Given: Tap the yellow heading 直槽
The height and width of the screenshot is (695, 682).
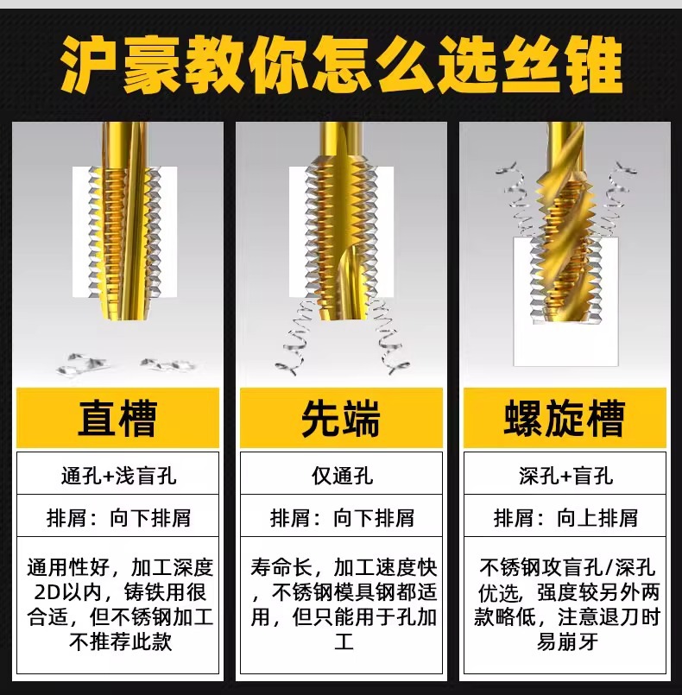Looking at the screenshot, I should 117,419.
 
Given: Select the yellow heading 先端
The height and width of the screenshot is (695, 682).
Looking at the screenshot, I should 341,419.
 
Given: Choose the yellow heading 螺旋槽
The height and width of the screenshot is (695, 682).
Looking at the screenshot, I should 564,419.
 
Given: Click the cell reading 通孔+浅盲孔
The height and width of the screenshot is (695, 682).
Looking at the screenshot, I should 118,476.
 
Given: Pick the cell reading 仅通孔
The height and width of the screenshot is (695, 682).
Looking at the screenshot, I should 341,476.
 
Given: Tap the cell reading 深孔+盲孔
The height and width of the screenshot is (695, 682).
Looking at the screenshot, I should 565,476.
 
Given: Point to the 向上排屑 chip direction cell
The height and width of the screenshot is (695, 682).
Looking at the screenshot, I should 565,518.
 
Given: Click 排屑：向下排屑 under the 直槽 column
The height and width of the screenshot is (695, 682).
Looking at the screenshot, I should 118,518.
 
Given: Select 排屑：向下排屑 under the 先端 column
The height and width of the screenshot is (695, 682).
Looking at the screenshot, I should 341,518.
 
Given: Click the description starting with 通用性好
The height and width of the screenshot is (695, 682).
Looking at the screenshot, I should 118,605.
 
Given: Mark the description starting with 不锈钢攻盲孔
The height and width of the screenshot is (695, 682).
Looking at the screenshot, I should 565,605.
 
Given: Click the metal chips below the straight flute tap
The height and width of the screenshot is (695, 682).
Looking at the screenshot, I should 121,363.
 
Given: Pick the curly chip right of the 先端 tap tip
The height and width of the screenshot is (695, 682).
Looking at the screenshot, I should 386,341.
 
